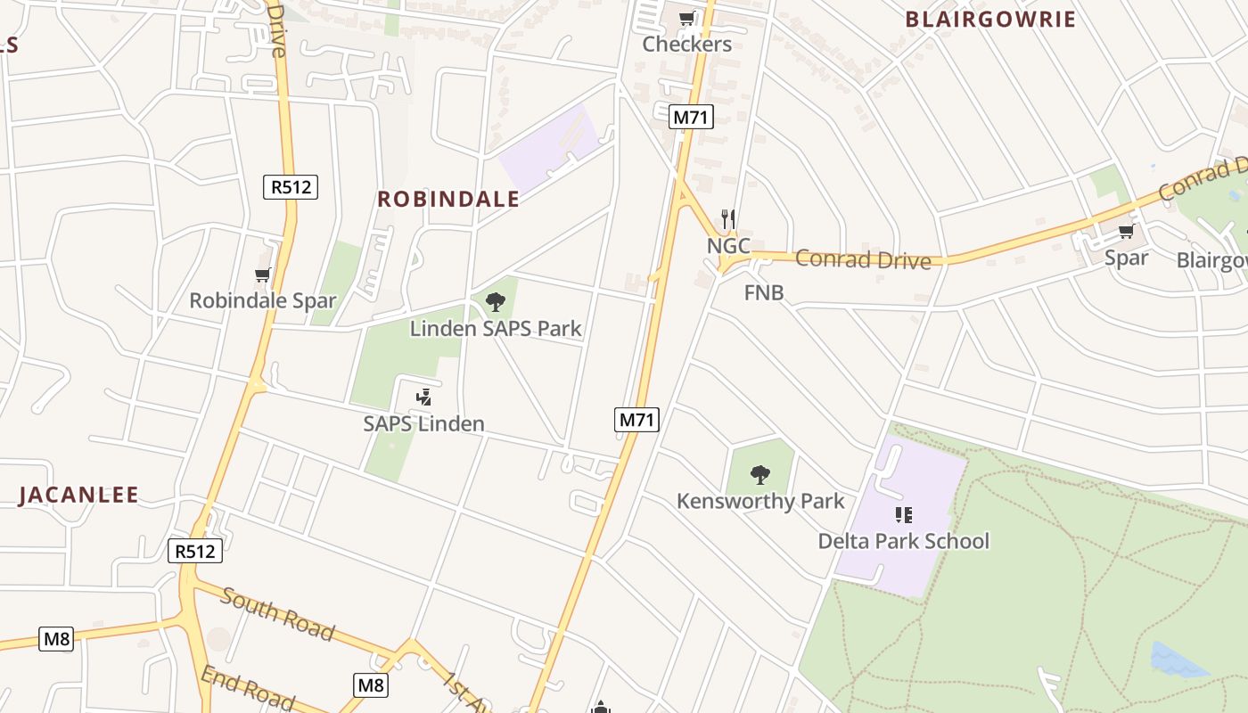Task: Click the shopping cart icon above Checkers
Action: coord(686,19)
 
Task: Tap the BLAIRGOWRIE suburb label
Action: coord(990,20)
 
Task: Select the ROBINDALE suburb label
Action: coord(448,199)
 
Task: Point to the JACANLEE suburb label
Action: coord(78,496)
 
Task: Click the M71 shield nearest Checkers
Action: coord(692,117)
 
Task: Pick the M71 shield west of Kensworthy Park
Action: coord(636,419)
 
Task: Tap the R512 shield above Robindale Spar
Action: coord(291,187)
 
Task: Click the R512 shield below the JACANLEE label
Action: coord(194,551)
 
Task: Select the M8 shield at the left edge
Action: coord(55,639)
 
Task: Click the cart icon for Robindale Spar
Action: coord(262,275)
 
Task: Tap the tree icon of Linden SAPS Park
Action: coord(496,302)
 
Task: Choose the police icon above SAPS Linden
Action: coord(424,397)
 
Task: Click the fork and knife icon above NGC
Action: coord(727,218)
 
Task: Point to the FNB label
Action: coord(764,292)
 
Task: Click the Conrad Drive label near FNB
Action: coord(862,259)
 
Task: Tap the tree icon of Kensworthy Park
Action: coord(760,474)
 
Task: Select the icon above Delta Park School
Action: coord(903,515)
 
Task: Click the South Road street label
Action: coord(277,614)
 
